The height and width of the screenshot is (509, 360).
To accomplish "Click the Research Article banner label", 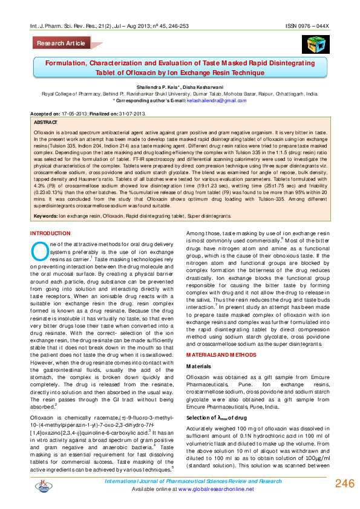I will coord(61,44).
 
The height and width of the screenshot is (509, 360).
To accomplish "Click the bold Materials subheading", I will coord(198,366).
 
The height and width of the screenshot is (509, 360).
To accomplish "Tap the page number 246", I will coord(342,484).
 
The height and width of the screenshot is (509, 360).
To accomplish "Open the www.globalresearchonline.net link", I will coord(217,488).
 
